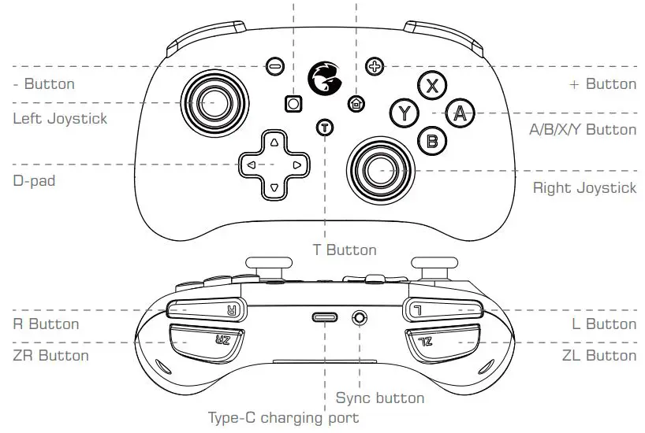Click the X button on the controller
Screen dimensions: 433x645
click(x=431, y=87)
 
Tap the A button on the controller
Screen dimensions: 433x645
click(x=460, y=113)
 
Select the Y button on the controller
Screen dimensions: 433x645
click(x=405, y=113)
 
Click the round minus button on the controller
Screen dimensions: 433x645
click(x=274, y=67)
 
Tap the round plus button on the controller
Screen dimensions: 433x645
click(x=375, y=67)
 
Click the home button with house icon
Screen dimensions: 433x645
click(x=356, y=102)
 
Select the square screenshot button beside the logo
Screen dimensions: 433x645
click(x=293, y=103)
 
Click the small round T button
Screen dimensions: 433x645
click(x=324, y=128)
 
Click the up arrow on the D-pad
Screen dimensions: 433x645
click(x=274, y=143)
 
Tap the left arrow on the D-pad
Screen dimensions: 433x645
click(x=251, y=165)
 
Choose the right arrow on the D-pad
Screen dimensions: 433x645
click(x=296, y=165)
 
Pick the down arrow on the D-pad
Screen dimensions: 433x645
click(x=274, y=188)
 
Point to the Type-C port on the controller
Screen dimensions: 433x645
click(x=324, y=317)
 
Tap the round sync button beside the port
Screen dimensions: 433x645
click(x=360, y=317)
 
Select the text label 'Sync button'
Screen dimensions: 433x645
click(x=379, y=398)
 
